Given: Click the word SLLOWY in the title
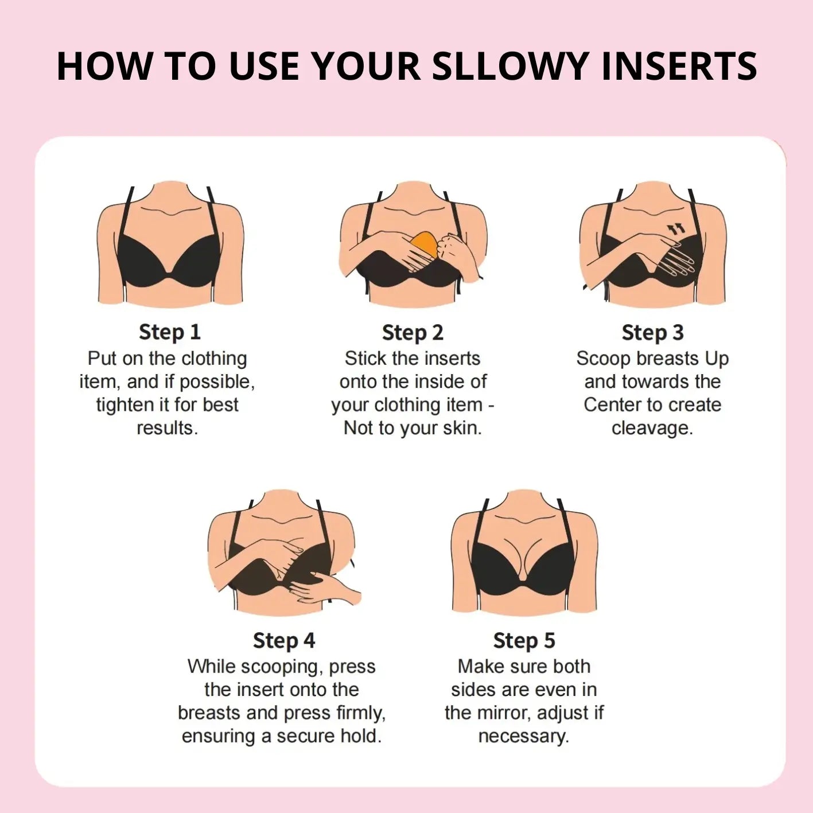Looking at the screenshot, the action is (509, 66).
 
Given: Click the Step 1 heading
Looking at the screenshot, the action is (170, 332).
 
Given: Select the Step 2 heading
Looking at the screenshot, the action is (413, 332).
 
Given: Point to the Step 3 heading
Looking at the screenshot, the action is (653, 332).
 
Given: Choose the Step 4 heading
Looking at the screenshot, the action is (284, 640).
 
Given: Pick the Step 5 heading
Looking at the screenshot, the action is (524, 640).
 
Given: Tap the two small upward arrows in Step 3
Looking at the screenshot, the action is (676, 229).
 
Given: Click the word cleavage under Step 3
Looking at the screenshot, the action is (652, 428).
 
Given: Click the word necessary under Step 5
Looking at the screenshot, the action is (524, 737).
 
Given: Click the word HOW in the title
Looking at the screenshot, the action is (104, 66).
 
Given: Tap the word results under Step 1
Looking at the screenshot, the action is (168, 428).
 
